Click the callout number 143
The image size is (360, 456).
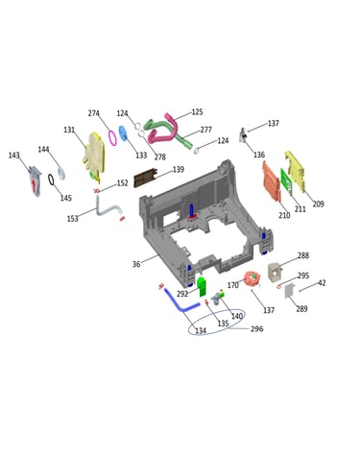point(14,156)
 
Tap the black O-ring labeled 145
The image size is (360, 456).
point(51,180)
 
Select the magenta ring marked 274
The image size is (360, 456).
point(112,137)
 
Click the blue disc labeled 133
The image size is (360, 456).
point(123,133)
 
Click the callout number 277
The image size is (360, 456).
point(206,130)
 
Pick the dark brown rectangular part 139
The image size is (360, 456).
point(146,179)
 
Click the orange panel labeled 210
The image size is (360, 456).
point(271,181)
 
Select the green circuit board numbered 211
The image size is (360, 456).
point(287,181)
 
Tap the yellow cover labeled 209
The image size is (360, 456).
point(295,171)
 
